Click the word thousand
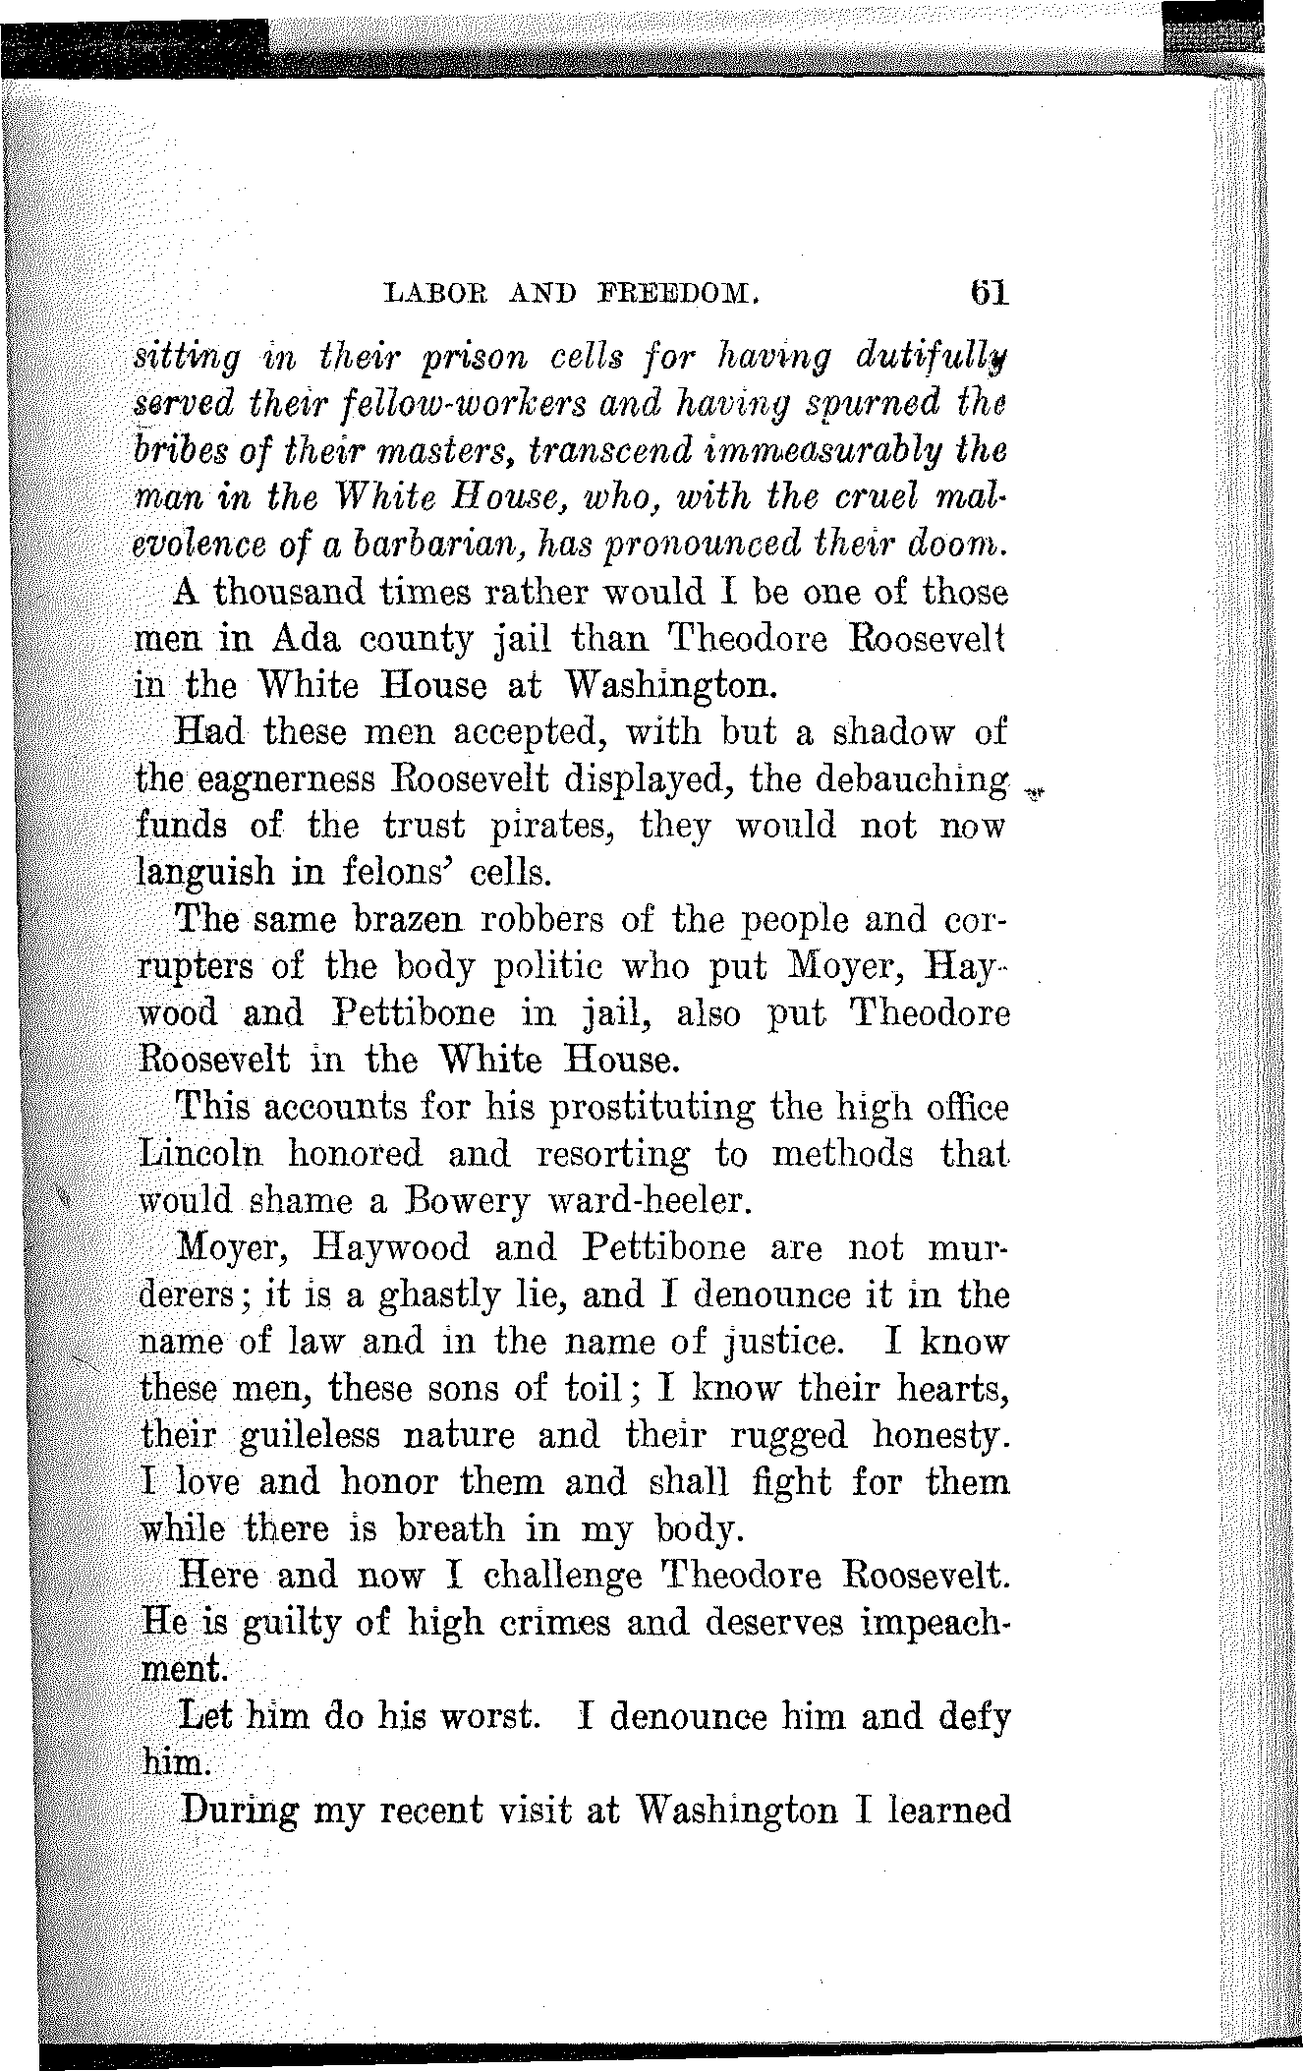click(294, 594)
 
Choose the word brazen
click(421, 921)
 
